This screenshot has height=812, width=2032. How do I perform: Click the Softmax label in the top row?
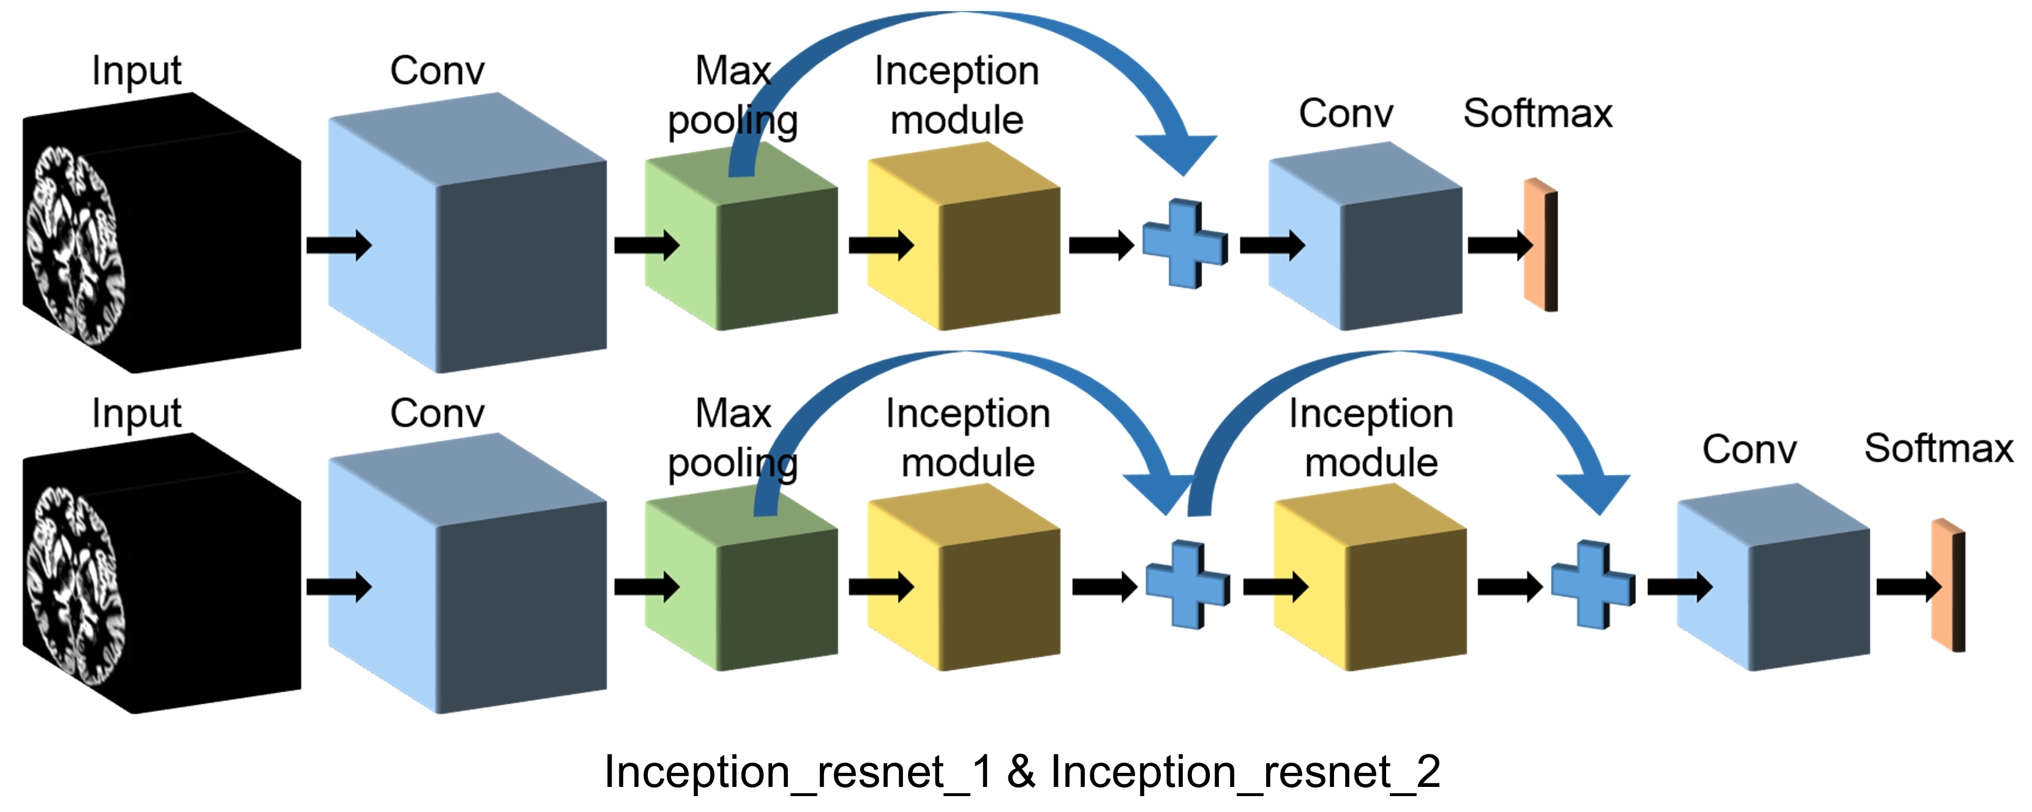[1537, 114]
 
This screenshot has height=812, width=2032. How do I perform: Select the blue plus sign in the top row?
[1184, 244]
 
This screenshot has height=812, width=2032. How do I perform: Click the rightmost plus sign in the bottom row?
[1592, 585]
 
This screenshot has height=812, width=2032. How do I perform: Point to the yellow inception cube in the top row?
[962, 237]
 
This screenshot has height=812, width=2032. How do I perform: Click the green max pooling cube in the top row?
[740, 237]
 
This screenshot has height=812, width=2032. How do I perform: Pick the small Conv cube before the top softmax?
[1365, 237]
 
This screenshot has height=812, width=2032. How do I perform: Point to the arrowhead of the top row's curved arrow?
[1179, 154]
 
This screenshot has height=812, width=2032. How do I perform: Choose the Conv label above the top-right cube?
[1345, 114]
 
